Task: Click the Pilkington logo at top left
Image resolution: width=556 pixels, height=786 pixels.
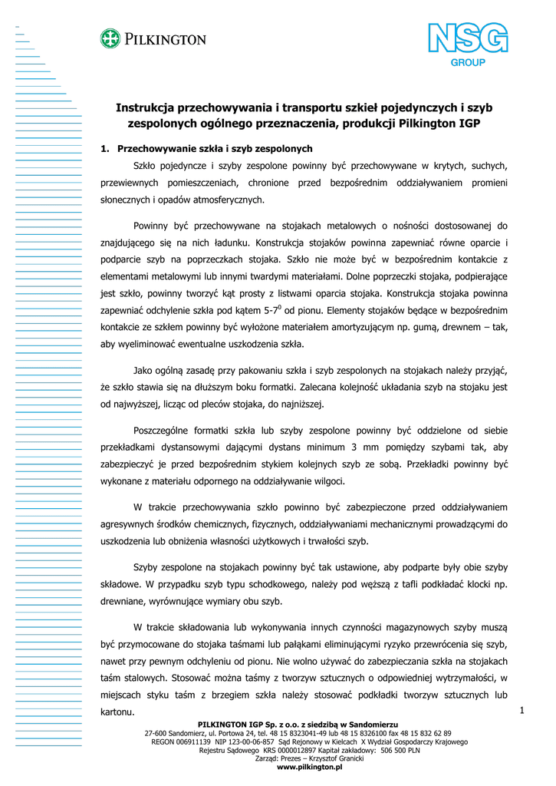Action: pos(153,38)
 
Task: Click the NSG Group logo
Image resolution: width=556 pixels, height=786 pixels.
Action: pos(467,45)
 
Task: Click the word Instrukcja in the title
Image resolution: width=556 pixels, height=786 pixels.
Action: pos(147,107)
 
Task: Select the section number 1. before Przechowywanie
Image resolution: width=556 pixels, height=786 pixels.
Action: pos(106,148)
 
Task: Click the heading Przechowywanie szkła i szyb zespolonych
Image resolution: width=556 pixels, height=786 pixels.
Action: pos(215,148)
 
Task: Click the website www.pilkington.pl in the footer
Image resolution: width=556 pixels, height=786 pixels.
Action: pos(309,767)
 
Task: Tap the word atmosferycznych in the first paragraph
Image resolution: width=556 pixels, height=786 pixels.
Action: pos(229,200)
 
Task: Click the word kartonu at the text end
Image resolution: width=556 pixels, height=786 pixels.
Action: pos(117,712)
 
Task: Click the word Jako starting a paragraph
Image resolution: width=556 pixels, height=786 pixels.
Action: pos(144,371)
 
